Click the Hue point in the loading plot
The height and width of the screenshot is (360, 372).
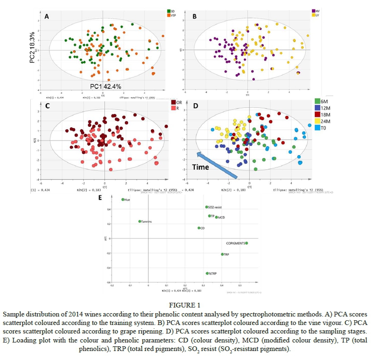coord(123,200)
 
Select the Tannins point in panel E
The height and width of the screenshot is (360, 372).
coord(140,221)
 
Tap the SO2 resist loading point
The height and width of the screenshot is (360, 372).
coord(207,207)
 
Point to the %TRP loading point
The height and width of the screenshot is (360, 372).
coord(207,273)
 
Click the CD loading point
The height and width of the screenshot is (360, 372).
coord(199,228)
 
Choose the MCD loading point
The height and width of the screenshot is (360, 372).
coord(216,217)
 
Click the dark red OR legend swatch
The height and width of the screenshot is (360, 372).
coord(173,102)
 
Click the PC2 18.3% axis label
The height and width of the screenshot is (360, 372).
coord(32,47)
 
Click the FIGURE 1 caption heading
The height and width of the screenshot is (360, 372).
coord(186,305)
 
